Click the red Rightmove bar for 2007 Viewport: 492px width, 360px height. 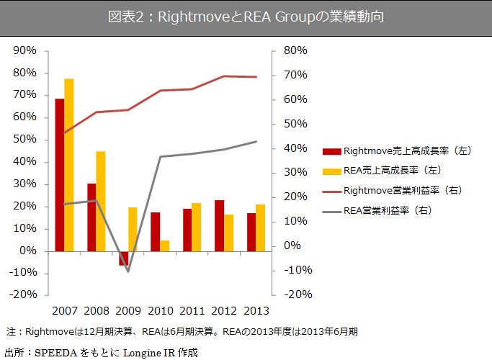point(60,174)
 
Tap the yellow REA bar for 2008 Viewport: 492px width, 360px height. point(101,201)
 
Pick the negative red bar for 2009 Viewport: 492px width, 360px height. point(123,258)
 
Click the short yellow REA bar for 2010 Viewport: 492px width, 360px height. point(164,246)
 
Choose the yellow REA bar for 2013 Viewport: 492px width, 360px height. point(259,228)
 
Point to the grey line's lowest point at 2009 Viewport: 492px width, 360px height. point(128,271)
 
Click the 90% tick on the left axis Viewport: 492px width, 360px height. point(24,50)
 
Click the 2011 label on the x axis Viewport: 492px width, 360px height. point(191,311)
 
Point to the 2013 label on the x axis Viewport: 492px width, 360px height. point(255,311)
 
